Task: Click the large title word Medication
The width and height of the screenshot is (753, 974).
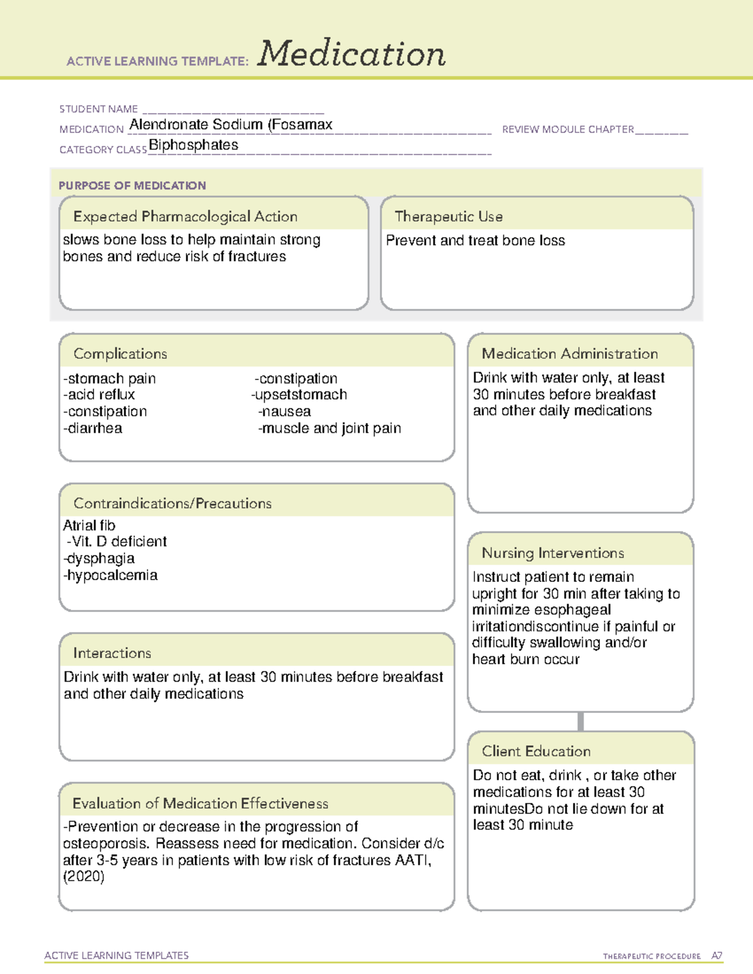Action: pos(351,54)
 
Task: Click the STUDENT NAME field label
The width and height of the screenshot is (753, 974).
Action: pos(99,109)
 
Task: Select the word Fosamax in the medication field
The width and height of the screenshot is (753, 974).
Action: pos(302,125)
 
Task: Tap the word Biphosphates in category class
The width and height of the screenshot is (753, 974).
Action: pos(193,146)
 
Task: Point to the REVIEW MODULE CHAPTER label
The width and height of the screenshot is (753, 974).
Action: pos(568,130)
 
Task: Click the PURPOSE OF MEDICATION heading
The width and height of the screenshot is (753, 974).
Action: pos(132,186)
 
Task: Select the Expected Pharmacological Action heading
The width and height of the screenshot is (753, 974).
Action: pos(185,216)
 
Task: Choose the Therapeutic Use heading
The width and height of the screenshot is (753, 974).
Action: pos(449,216)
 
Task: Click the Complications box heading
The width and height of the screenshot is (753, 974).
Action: pos(120,354)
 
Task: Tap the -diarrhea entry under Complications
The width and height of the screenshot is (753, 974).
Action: pos(93,428)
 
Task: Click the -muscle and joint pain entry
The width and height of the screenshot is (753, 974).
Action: pos(329,428)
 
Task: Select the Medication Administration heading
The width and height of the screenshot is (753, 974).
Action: pos(570,354)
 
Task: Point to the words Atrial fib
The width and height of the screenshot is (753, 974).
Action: pos(89,526)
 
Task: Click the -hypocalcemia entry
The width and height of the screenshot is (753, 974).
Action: pos(110,575)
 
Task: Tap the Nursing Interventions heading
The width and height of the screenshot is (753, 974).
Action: pos(553,553)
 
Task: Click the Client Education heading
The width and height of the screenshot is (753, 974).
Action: pos(536,751)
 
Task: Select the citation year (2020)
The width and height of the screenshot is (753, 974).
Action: pos(83,877)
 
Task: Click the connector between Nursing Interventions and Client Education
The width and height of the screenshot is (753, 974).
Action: pos(580,721)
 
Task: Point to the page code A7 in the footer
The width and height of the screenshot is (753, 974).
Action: pos(717,956)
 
